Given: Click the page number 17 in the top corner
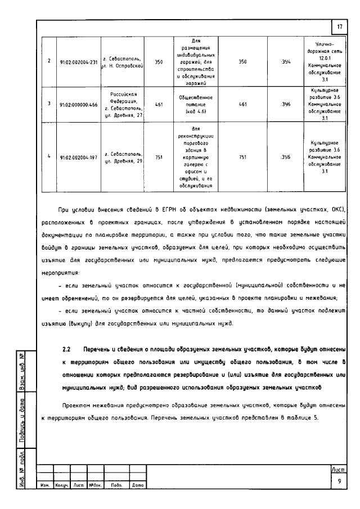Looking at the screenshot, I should click(340, 27).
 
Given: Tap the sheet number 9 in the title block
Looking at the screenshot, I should click(340, 481).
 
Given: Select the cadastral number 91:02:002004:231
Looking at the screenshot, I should click(78, 62).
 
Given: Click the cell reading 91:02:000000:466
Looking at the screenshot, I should click(78, 105).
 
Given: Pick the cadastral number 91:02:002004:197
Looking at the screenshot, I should click(78, 158).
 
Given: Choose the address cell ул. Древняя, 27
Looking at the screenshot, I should click(122, 105).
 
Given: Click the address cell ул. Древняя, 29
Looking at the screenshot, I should click(122, 158).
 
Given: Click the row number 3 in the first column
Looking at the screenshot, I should click(49, 105).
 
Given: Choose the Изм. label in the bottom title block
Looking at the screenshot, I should click(46, 484).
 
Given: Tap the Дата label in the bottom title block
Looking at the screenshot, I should click(137, 484).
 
